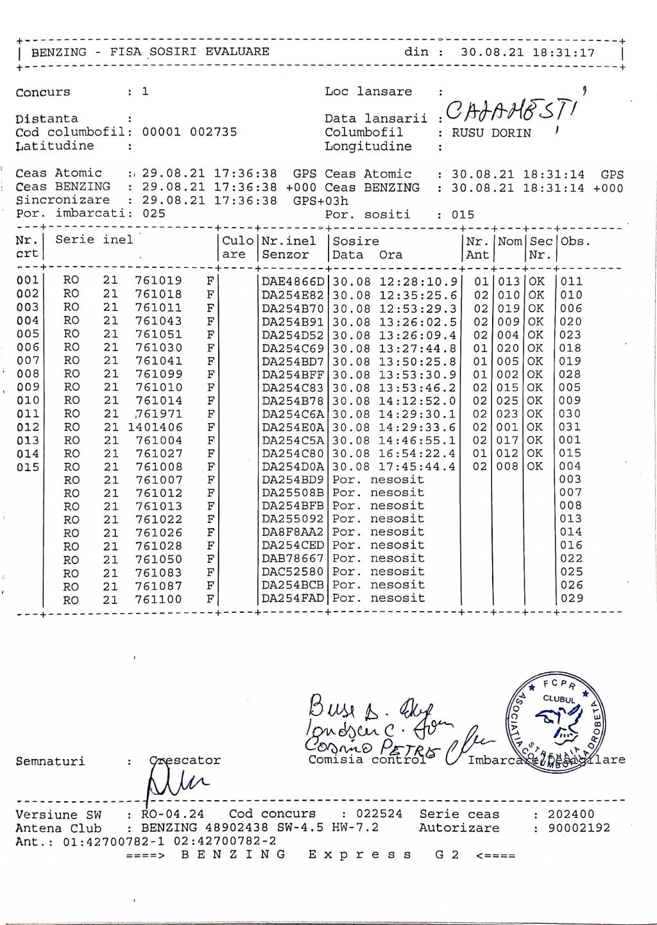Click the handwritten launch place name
[x=511, y=113]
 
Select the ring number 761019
[x=158, y=281]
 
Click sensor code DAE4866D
[x=293, y=281]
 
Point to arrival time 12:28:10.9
[x=418, y=281]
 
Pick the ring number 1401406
[x=155, y=427]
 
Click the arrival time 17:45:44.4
[x=418, y=467]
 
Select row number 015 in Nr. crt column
[x=28, y=467]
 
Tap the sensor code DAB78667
[x=293, y=558]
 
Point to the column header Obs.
[x=575, y=242]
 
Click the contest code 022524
[x=379, y=814]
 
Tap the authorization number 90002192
[x=579, y=828]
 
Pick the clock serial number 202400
[x=571, y=814]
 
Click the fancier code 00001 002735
[x=189, y=132]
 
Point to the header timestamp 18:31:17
[x=563, y=53]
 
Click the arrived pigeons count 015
[x=463, y=215]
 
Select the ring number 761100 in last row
[x=158, y=599]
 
